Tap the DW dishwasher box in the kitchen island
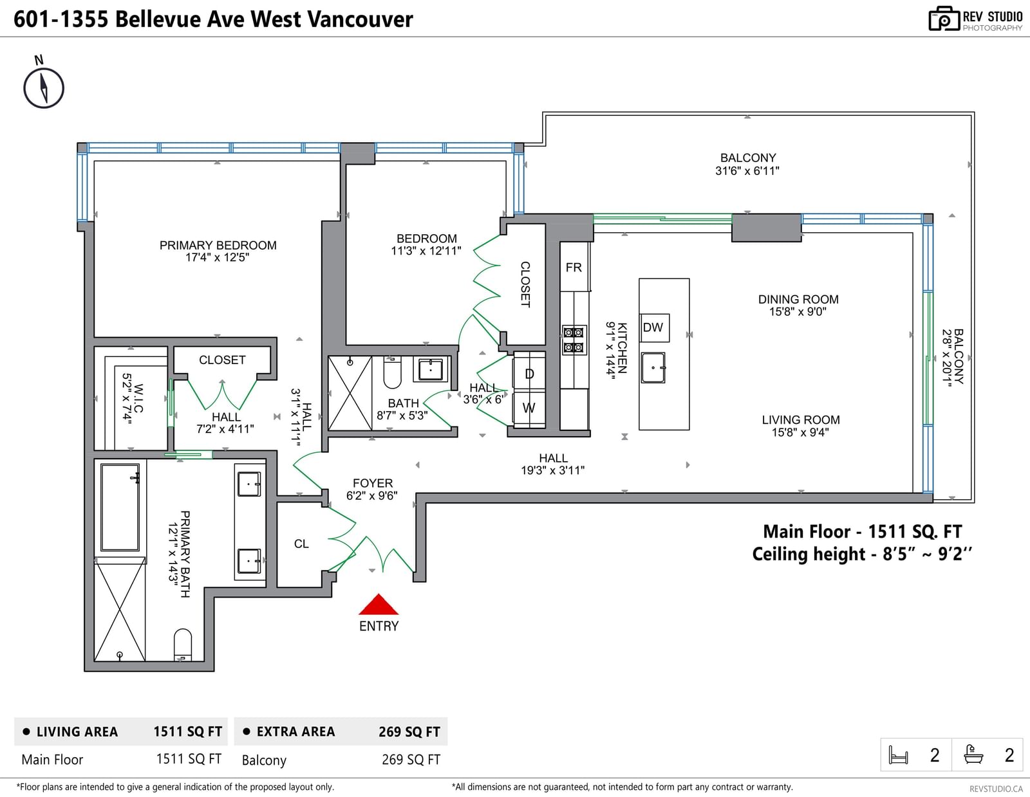tap(653, 327)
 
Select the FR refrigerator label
tap(574, 268)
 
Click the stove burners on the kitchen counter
tap(574, 340)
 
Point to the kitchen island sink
tap(653, 367)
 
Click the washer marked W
tap(529, 408)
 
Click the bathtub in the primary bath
tap(120, 507)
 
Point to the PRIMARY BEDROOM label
tap(218, 245)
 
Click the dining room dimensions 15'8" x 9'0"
tap(798, 311)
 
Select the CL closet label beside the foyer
tap(301, 544)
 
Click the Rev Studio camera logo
tap(944, 19)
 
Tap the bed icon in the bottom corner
tap(898, 755)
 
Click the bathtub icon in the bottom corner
tap(973, 755)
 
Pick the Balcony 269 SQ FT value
tap(411, 760)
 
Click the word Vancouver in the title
tap(360, 19)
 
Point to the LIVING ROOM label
tap(801, 419)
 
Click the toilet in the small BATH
tap(392, 372)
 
